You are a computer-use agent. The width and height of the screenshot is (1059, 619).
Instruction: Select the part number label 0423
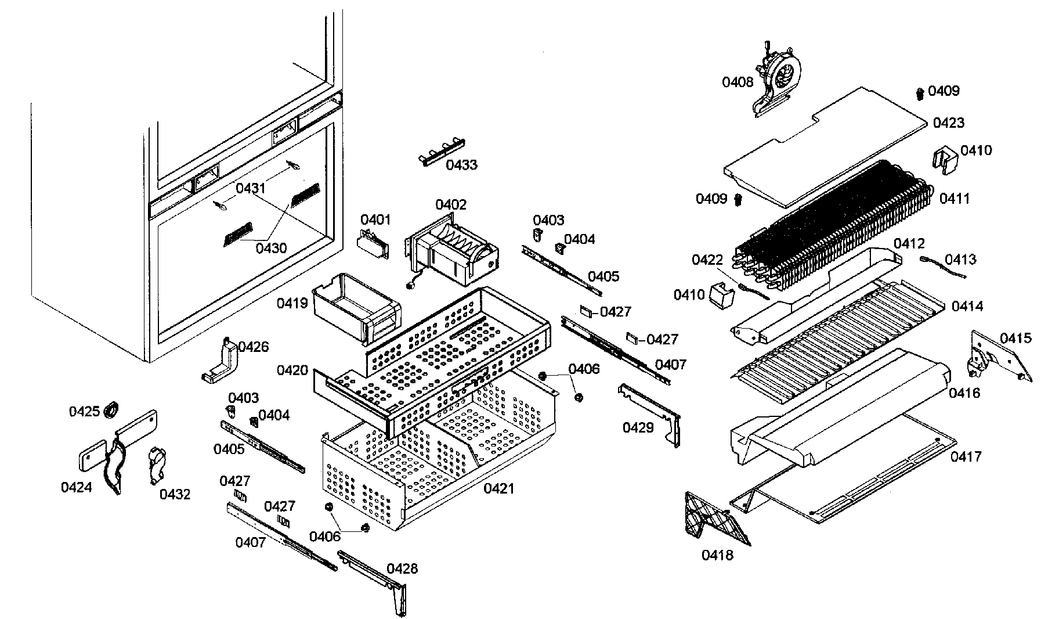(x=949, y=123)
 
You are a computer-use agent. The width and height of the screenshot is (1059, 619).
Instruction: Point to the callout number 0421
(x=499, y=489)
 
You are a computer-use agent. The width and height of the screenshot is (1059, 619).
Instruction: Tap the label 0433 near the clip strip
(x=461, y=165)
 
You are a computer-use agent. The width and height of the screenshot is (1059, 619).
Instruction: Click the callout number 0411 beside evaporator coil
(x=955, y=199)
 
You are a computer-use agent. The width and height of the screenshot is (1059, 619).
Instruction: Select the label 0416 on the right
(x=964, y=393)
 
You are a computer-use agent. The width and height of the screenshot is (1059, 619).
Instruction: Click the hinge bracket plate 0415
(x=995, y=357)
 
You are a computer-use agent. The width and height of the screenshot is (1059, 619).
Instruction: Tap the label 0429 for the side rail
(x=638, y=428)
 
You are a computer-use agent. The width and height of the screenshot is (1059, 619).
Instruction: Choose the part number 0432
(x=175, y=494)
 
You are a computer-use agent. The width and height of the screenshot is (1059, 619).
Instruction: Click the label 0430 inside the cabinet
(x=271, y=248)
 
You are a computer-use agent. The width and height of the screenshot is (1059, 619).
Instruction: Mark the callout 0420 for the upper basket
(x=292, y=370)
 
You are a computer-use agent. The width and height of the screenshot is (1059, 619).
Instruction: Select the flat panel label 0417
(x=966, y=457)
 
